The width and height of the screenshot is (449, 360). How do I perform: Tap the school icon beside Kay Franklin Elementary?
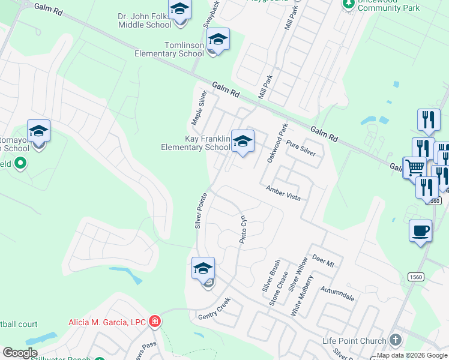[243, 142]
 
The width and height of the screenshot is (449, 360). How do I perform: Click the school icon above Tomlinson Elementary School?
[218, 40]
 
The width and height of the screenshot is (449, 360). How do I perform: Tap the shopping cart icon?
[414, 167]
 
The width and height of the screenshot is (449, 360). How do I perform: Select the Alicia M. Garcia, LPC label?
[107, 322]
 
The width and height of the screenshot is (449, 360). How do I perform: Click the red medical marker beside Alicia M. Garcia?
[155, 322]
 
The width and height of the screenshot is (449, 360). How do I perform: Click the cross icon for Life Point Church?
[395, 340]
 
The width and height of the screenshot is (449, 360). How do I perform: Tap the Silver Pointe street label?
[200, 210]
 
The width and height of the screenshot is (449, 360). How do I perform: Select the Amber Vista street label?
[283, 193]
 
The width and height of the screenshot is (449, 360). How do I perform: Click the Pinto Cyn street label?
[243, 229]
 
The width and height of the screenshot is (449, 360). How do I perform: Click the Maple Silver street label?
[199, 107]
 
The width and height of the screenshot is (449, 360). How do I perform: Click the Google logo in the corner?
[20, 353]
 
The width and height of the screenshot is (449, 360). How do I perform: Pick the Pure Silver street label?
[301, 148]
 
